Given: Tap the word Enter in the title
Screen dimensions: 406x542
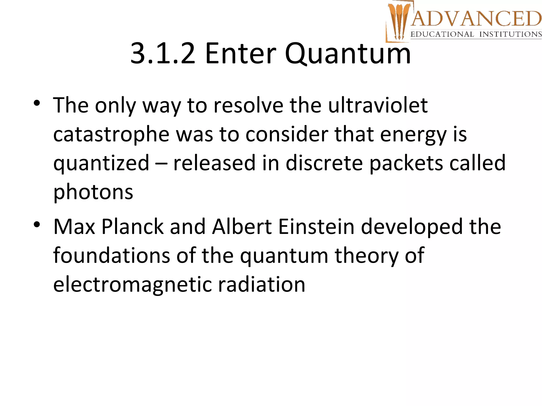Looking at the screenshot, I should click(x=240, y=54).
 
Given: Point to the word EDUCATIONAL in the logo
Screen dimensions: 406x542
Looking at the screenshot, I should click(x=442, y=34).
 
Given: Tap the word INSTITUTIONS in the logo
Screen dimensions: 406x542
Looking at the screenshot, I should click(x=511, y=34).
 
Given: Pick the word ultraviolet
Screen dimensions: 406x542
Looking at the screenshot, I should click(x=378, y=105).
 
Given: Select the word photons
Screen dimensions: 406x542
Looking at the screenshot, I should click(x=93, y=192).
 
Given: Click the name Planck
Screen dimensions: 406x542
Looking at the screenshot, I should click(x=133, y=227).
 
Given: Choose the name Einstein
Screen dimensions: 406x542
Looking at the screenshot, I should click(x=316, y=227).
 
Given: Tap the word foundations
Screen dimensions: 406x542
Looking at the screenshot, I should click(x=111, y=256).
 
